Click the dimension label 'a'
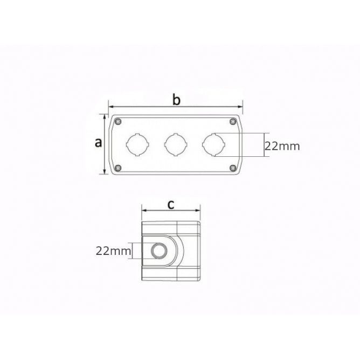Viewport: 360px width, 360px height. pyautogui.click(x=98, y=143)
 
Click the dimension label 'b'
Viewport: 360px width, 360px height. pyautogui.click(x=176, y=99)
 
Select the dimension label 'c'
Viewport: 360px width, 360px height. pyautogui.click(x=171, y=204)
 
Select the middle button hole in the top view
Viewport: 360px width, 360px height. pyautogui.click(x=175, y=144)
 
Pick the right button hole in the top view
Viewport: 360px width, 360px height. pyautogui.click(x=213, y=144)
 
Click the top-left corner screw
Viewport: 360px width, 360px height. pyautogui.click(x=118, y=121)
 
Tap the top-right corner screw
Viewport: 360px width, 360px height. pyautogui.click(x=233, y=121)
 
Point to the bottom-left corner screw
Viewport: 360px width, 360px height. pyautogui.click(x=118, y=167)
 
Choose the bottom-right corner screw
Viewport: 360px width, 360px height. pyautogui.click(x=233, y=167)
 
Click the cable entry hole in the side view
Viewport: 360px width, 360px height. pyautogui.click(x=159, y=251)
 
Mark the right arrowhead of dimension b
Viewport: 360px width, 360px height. pyautogui.click(x=241, y=106)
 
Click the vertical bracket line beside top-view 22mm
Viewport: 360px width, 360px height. pyautogui.click(x=264, y=144)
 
